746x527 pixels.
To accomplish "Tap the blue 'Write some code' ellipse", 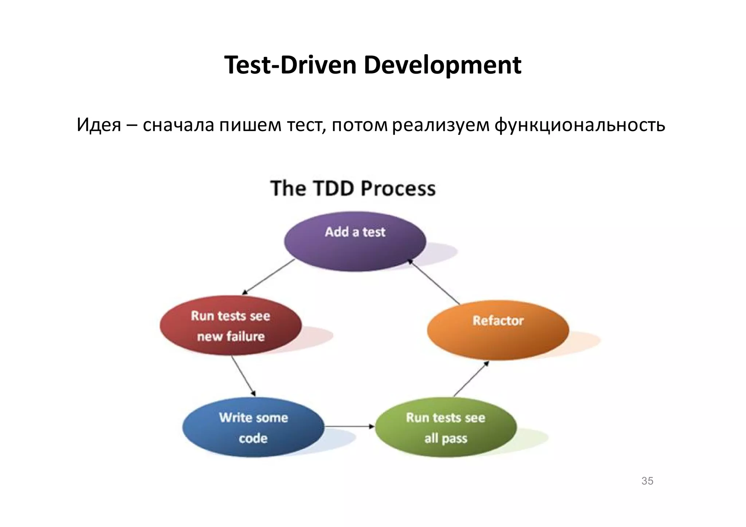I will pos(253,427).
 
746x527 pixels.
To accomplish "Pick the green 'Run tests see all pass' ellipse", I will pos(445,427).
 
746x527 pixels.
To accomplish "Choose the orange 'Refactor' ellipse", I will pos(498,330).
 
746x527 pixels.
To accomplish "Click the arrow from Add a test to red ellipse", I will pos(268,277).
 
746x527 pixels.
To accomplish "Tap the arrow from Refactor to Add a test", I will pos(433,282).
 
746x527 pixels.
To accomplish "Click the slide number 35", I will pos(647,481).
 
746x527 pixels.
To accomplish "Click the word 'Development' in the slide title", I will pos(442,65).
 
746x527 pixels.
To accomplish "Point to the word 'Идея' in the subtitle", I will pos(99,125).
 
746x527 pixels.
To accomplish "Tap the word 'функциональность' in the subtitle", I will pos(580,125).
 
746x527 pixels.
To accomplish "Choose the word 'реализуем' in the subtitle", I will pos(441,125).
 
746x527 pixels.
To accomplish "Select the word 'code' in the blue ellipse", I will pos(253,438).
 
